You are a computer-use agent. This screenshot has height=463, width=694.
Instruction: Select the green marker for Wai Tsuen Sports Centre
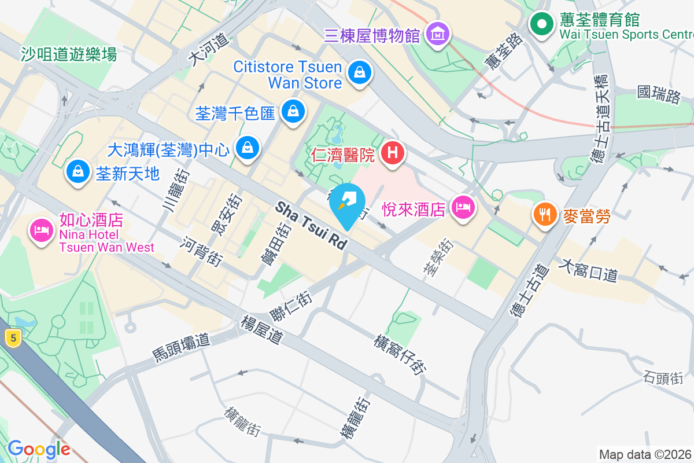pyautogui.click(x=542, y=24)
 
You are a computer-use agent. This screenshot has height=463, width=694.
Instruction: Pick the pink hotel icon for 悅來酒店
pyautogui.click(x=462, y=207)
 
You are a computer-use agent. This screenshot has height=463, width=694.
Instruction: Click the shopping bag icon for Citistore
pyautogui.click(x=360, y=73)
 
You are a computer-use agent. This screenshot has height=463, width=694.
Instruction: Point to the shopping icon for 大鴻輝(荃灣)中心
pyautogui.click(x=248, y=148)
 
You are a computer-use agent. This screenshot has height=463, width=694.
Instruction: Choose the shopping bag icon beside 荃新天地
pyautogui.click(x=77, y=171)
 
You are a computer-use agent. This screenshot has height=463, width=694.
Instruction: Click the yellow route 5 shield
pyautogui.click(x=12, y=338)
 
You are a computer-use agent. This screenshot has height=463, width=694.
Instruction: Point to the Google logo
pyautogui.click(x=39, y=449)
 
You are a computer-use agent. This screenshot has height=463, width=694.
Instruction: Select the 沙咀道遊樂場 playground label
pyautogui.click(x=69, y=54)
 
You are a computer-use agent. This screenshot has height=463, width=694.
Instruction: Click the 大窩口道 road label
pyautogui.click(x=589, y=270)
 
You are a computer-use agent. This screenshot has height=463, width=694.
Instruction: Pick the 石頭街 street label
pyautogui.click(x=663, y=377)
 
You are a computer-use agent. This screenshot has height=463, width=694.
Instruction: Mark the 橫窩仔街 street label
pyautogui.click(x=401, y=354)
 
